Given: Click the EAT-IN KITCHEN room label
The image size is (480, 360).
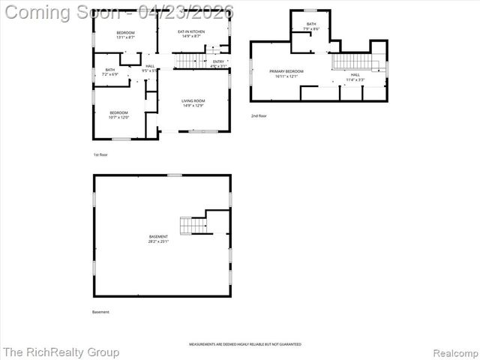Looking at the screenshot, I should [190, 34].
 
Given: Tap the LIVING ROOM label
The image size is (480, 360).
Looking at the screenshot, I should [193, 103].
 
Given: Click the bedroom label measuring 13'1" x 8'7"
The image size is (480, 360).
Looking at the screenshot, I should [125, 35].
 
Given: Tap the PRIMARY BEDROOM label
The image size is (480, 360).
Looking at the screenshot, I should [284, 73].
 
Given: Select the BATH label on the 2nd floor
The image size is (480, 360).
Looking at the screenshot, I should [310, 26].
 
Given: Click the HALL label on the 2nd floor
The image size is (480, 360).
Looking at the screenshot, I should [354, 76].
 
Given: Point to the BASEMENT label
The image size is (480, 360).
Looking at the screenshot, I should [158, 238].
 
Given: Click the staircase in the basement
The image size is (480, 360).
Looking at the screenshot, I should [193, 224].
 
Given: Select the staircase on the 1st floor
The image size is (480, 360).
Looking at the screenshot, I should [190, 61].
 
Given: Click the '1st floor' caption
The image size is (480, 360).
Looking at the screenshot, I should [100, 154].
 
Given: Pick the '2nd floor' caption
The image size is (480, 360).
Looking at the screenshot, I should [259, 115].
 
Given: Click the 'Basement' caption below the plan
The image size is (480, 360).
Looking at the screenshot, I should [100, 311].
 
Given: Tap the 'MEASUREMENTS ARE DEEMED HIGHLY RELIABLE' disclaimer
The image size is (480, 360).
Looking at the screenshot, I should [245, 344].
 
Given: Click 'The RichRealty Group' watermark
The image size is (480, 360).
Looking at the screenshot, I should [61, 352].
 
